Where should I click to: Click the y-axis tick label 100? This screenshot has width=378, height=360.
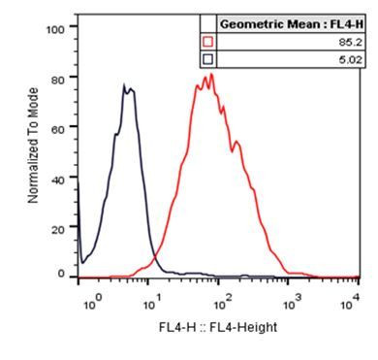(55, 29)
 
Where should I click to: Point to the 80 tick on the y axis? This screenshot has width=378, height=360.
(58, 79)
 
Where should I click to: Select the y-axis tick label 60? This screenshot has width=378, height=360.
(58, 128)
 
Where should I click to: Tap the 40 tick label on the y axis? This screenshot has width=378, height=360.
(58, 179)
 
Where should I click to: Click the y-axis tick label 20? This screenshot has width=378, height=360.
(58, 228)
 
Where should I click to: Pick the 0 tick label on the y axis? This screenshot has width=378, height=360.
(61, 276)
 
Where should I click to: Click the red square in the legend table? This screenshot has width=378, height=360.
(207, 42)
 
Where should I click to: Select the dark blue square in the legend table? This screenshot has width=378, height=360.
(207, 59)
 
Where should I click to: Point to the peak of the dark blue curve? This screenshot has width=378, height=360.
(125, 85)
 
